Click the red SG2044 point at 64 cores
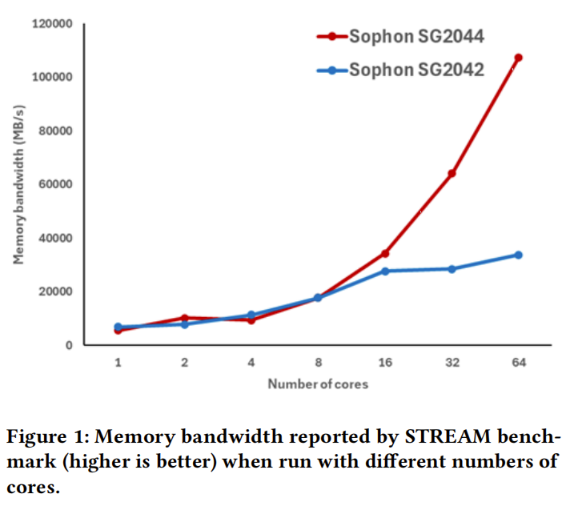pos(518,58)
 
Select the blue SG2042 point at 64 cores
pos(518,255)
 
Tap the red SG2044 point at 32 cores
pos(452,173)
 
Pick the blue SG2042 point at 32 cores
pos(452,269)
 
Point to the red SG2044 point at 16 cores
pos(385,253)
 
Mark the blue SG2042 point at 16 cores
pos(385,271)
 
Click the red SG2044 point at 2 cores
pos(184,318)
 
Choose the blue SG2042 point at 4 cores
pos(251,315)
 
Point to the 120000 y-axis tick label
pos(52,24)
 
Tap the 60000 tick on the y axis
pos(55,184)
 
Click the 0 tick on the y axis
pos(70,345)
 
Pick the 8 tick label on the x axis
pos(318,362)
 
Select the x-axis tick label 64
pos(518,362)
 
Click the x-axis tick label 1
pos(118,362)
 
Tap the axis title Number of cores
pos(318,384)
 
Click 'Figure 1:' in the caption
pos(45,438)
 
